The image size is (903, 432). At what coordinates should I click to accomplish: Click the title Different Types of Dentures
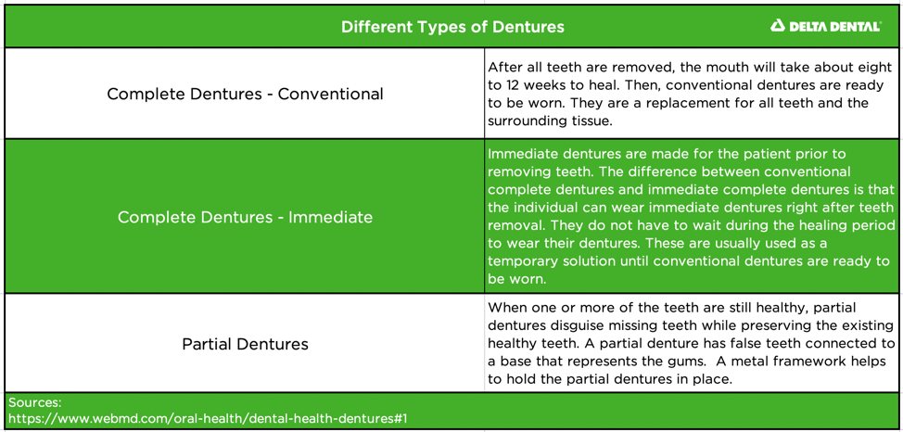452,27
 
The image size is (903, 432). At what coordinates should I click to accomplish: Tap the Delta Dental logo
825,26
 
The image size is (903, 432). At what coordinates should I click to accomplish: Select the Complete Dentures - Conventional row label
245,94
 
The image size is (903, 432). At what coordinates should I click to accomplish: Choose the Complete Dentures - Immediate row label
245,217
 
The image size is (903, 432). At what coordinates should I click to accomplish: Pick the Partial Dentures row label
245,344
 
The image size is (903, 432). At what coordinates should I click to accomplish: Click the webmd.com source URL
208,418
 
